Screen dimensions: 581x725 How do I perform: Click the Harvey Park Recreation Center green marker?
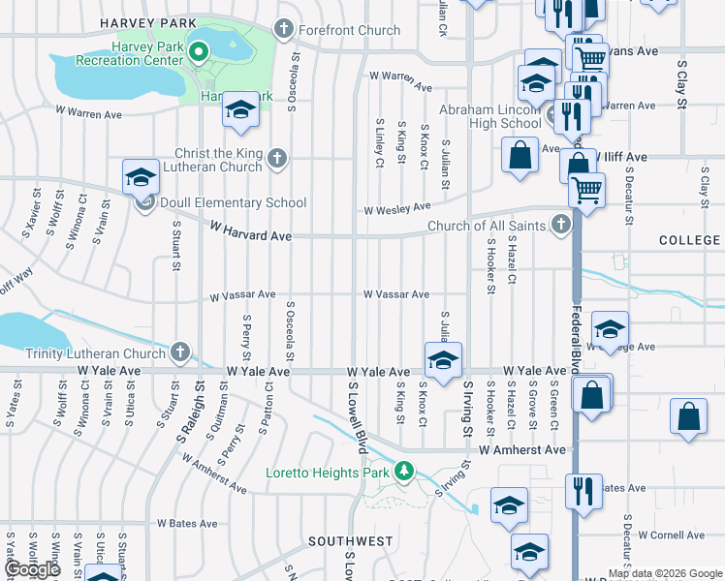pyautogui.click(x=199, y=53)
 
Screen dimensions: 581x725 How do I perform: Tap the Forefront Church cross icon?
pyautogui.click(x=284, y=30)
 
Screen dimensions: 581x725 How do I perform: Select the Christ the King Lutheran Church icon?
pyautogui.click(x=277, y=158)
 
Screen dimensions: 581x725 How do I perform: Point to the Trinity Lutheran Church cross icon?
pyautogui.click(x=180, y=353)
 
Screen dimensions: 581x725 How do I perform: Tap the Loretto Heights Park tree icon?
pyautogui.click(x=405, y=473)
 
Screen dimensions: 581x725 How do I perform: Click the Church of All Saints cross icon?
pyautogui.click(x=560, y=226)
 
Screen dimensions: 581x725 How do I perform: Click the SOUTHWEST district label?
pyautogui.click(x=351, y=540)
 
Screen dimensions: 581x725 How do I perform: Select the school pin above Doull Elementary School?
pyautogui.click(x=141, y=177)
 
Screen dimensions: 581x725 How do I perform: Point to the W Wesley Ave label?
pyautogui.click(x=396, y=208)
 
